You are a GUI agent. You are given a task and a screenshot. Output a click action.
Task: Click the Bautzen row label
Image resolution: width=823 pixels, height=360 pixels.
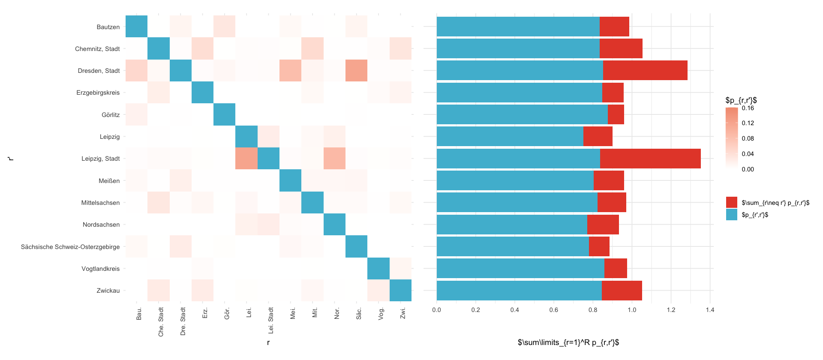pyautogui.click(x=108, y=27)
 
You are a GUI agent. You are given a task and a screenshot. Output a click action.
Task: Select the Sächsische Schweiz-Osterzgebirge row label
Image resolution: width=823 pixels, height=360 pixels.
pyautogui.click(x=70, y=247)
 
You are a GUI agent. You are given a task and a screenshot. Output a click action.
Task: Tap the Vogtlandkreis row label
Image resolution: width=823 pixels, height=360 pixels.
pyautogui.click(x=100, y=269)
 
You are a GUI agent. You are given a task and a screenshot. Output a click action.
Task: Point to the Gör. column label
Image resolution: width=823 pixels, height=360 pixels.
pyautogui.click(x=227, y=313)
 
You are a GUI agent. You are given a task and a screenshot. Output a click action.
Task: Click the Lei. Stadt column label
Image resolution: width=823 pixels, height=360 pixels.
pyautogui.click(x=271, y=320)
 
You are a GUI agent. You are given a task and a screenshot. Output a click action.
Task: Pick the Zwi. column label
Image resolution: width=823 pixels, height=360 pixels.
pyautogui.click(x=403, y=313)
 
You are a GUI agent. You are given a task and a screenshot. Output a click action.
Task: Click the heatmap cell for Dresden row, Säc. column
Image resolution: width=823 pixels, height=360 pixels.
pyautogui.click(x=356, y=71)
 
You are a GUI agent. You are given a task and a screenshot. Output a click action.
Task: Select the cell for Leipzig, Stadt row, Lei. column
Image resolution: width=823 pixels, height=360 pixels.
pyautogui.click(x=246, y=159)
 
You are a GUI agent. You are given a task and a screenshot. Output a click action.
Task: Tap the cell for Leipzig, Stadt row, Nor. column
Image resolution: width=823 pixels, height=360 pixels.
pyautogui.click(x=334, y=159)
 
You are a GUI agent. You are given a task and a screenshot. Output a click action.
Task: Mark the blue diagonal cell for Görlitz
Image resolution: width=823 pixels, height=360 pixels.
pyautogui.click(x=225, y=114)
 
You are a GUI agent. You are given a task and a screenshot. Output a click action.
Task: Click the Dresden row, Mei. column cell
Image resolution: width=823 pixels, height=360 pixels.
pyautogui.click(x=290, y=71)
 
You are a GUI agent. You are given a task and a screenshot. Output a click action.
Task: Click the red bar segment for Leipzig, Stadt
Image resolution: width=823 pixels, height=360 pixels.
pyautogui.click(x=650, y=159)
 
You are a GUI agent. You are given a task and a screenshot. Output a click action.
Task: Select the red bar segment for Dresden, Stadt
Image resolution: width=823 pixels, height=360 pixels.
pyautogui.click(x=645, y=71)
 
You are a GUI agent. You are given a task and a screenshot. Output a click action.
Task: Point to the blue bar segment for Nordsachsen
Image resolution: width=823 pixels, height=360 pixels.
pyautogui.click(x=512, y=225)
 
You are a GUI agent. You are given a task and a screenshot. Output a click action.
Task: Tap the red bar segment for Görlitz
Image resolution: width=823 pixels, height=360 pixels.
pyautogui.click(x=616, y=114)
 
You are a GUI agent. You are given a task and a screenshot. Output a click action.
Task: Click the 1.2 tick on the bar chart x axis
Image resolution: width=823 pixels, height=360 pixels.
pyautogui.click(x=671, y=310)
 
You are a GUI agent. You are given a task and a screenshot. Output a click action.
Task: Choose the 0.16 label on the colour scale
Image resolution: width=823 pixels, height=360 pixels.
pyautogui.click(x=748, y=108)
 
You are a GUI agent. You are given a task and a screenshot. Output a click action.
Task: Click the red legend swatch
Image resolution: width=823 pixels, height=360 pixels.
pyautogui.click(x=732, y=203)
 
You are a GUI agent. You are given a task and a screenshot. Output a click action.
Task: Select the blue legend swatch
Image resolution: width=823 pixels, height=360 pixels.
pyautogui.click(x=732, y=215)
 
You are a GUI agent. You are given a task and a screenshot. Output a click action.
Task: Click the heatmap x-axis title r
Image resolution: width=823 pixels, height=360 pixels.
pyautogui.click(x=268, y=342)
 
